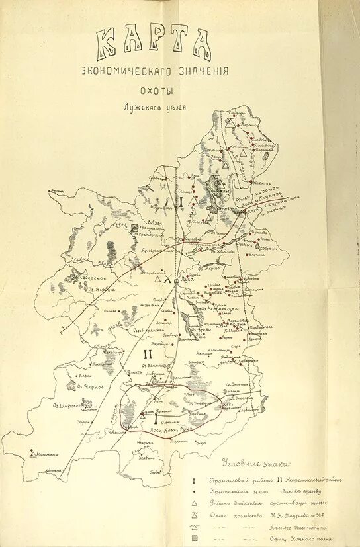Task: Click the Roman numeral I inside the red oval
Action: click(x=156, y=419)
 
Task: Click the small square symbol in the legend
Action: click(x=194, y=539)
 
